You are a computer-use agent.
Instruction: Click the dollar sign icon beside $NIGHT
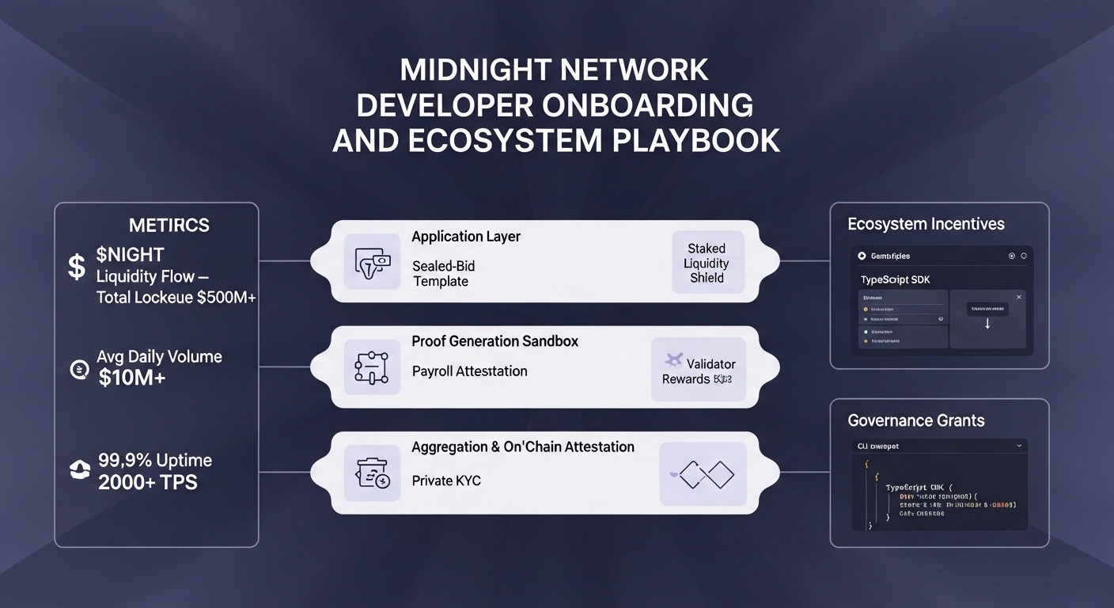click(x=76, y=267)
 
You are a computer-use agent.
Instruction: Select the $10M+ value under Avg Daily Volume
click(x=132, y=378)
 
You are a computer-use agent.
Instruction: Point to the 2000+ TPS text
click(x=148, y=482)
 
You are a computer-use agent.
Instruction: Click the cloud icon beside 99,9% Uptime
click(x=80, y=471)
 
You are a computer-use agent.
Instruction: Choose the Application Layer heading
click(x=466, y=237)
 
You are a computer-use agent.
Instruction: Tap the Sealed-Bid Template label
click(x=444, y=273)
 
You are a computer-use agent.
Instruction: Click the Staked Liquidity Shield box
click(x=707, y=263)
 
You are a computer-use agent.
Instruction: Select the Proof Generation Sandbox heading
click(x=494, y=341)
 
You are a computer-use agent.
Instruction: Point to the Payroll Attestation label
click(x=469, y=371)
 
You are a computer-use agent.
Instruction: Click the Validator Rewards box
click(x=698, y=370)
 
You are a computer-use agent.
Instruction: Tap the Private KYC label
click(x=446, y=481)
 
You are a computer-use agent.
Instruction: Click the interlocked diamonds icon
click(x=703, y=474)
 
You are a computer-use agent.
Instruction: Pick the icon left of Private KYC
click(x=372, y=474)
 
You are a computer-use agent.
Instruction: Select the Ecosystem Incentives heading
click(x=926, y=224)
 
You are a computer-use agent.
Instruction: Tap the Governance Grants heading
click(x=916, y=420)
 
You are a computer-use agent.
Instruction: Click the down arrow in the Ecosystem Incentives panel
click(x=987, y=323)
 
